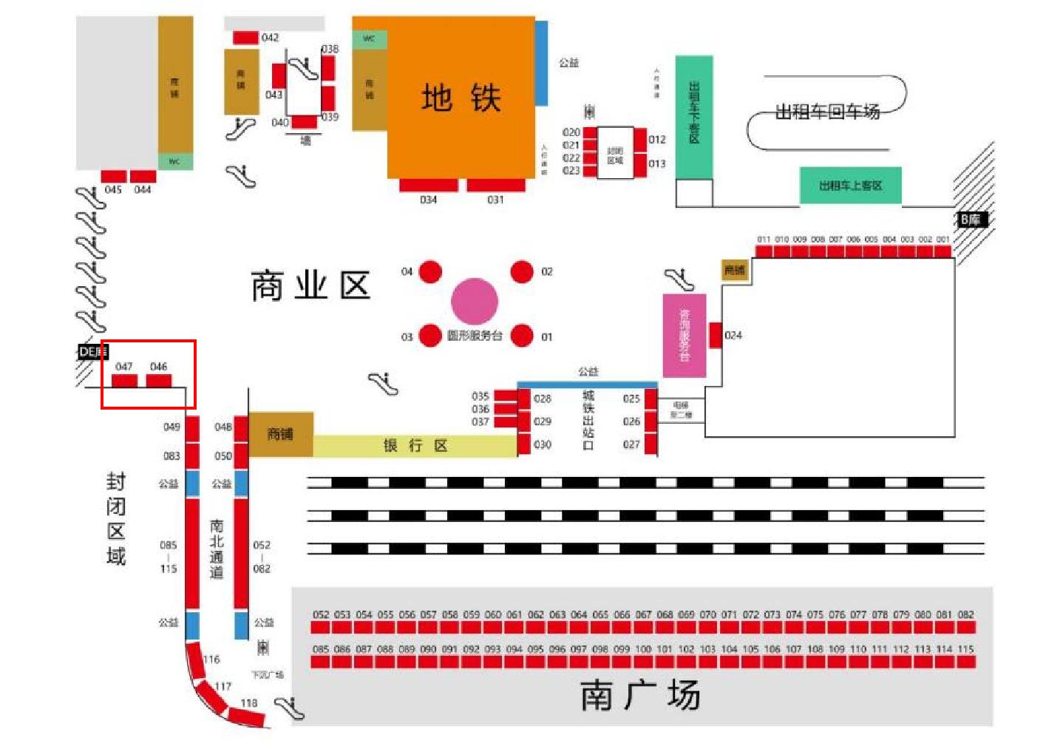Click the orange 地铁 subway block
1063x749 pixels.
point(461,97)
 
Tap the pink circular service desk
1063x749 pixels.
point(475,301)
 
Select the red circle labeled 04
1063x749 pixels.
point(430,271)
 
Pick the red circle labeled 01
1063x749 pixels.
point(522,335)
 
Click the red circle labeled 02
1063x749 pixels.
point(522,271)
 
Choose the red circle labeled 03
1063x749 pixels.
point(430,336)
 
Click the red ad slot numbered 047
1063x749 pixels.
point(124,381)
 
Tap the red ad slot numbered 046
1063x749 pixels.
point(158,381)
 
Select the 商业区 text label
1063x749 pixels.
point(310,285)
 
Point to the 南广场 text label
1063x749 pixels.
point(639,695)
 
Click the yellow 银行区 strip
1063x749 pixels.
point(415,445)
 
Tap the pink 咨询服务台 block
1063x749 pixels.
point(684,335)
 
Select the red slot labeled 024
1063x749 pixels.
point(716,335)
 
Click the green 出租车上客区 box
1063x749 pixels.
point(850,185)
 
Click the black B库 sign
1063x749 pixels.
point(971,220)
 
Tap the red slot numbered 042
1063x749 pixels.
point(245,37)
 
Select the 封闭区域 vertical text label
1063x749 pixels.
point(116,518)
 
